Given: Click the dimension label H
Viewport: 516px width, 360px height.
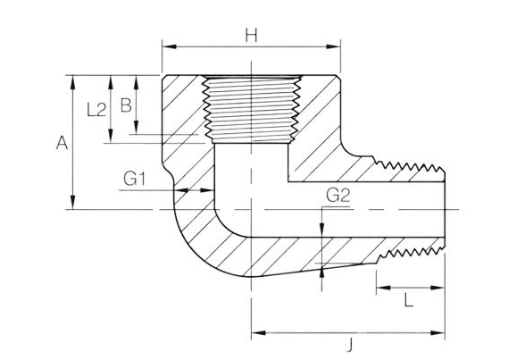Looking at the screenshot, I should (252, 35).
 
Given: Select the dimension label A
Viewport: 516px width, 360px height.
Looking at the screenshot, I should (61, 141).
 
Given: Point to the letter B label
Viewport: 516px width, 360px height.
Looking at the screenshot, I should (126, 105).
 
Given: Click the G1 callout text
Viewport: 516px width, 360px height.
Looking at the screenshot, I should (135, 179).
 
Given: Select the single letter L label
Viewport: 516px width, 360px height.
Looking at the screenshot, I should (409, 300).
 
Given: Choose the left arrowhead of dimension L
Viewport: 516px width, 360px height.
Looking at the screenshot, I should (379, 288).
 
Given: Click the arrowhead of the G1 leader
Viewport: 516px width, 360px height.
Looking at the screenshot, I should (211, 190).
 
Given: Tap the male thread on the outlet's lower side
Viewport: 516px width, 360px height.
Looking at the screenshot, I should (411, 252).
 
